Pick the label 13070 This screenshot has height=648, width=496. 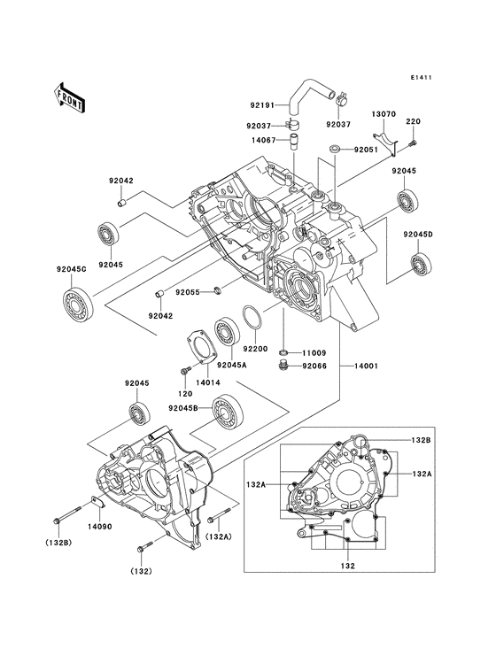(x=383, y=114)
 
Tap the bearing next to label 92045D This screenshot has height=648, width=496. (x=419, y=263)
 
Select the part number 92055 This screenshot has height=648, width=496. (x=187, y=292)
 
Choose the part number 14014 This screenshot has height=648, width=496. (x=183, y=382)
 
